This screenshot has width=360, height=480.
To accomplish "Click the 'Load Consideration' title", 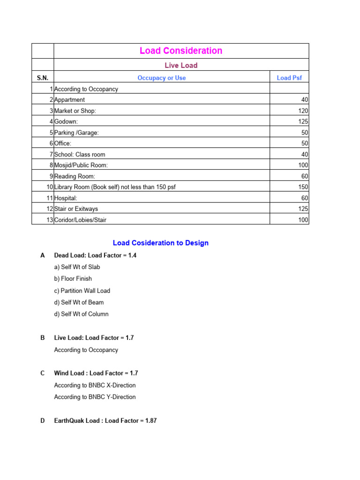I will pyautogui.click(x=181, y=51).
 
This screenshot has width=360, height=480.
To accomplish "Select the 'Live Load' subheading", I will pyautogui.click(x=181, y=65).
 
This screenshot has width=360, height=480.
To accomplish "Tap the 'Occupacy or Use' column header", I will pyautogui.click(x=161, y=78).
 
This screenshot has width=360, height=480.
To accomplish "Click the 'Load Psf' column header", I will pyautogui.click(x=289, y=78).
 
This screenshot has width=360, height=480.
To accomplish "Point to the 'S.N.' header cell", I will pyautogui.click(x=43, y=78).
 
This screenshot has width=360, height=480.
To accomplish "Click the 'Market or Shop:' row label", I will pyautogui.click(x=75, y=111).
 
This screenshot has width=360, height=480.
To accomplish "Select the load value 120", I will pyautogui.click(x=303, y=111).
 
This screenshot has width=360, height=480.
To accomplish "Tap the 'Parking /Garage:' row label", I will pyautogui.click(x=76, y=133).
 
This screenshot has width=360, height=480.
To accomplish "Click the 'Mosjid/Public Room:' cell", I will pyautogui.click(x=81, y=165).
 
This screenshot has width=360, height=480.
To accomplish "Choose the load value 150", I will pyautogui.click(x=303, y=187).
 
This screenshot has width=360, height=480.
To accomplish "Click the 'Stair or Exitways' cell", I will pyautogui.click(x=76, y=209).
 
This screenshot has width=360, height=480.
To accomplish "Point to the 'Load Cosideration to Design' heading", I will pyautogui.click(x=161, y=243).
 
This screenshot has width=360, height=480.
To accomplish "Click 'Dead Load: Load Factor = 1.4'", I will pyautogui.click(x=95, y=255).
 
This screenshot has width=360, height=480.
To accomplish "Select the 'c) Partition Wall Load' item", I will pyautogui.click(x=82, y=291).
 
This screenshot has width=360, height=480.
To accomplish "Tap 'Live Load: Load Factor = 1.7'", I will pyautogui.click(x=94, y=337).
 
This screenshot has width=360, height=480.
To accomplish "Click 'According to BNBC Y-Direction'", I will pyautogui.click(x=95, y=397).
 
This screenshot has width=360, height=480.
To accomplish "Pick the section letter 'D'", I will pyautogui.click(x=43, y=421).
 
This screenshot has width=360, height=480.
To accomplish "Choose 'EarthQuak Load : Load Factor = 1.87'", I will pyautogui.click(x=105, y=421).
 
